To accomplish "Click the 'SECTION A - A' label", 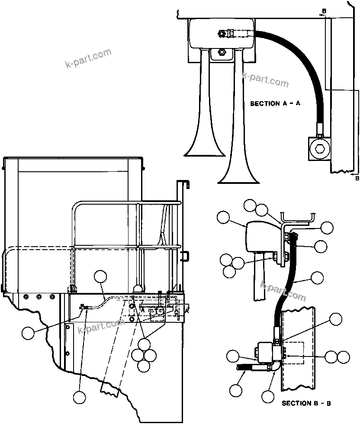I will [x=275, y=104].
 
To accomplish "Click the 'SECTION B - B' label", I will [x=306, y=403].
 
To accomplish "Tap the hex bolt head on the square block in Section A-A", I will [x=320, y=149].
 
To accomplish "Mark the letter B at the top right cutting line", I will [x=324, y=10].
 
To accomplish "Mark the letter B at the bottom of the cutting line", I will [x=357, y=178].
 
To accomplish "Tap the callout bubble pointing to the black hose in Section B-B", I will [x=317, y=277].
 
